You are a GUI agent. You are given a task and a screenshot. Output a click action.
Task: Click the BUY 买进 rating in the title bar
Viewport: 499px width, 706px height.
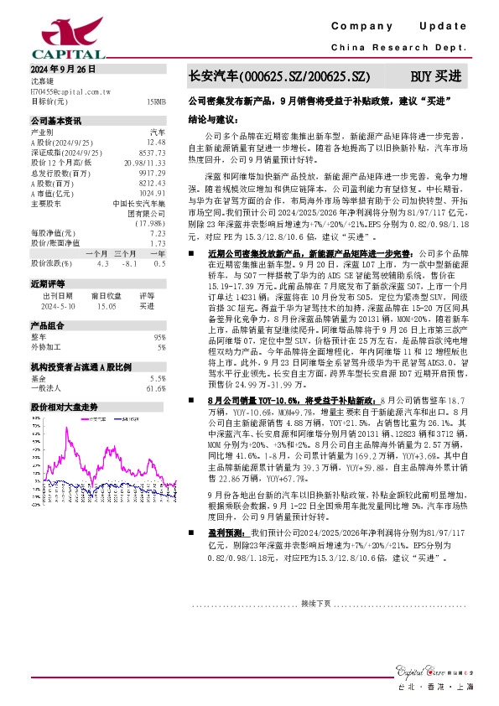coord(434,76)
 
